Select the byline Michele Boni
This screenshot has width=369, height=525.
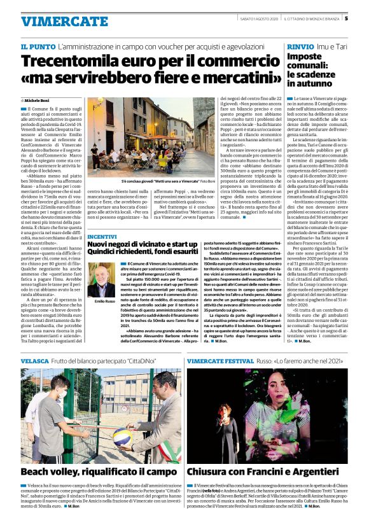click(x=38, y=101)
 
